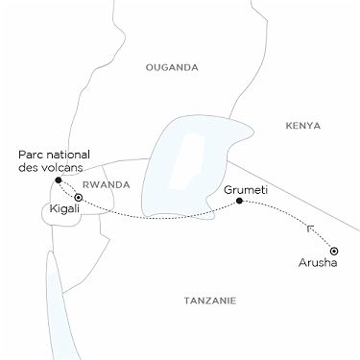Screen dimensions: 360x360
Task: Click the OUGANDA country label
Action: [x=171, y=67]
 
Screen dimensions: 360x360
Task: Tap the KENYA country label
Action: [x=302, y=126]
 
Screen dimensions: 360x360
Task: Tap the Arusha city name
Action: [x=320, y=264]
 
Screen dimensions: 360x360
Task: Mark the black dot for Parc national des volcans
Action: [x=59, y=180]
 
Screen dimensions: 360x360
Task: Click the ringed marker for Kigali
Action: [x=79, y=198]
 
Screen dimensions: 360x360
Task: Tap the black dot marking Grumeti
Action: [x=239, y=202]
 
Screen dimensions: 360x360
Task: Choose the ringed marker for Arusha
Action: [x=333, y=250]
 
